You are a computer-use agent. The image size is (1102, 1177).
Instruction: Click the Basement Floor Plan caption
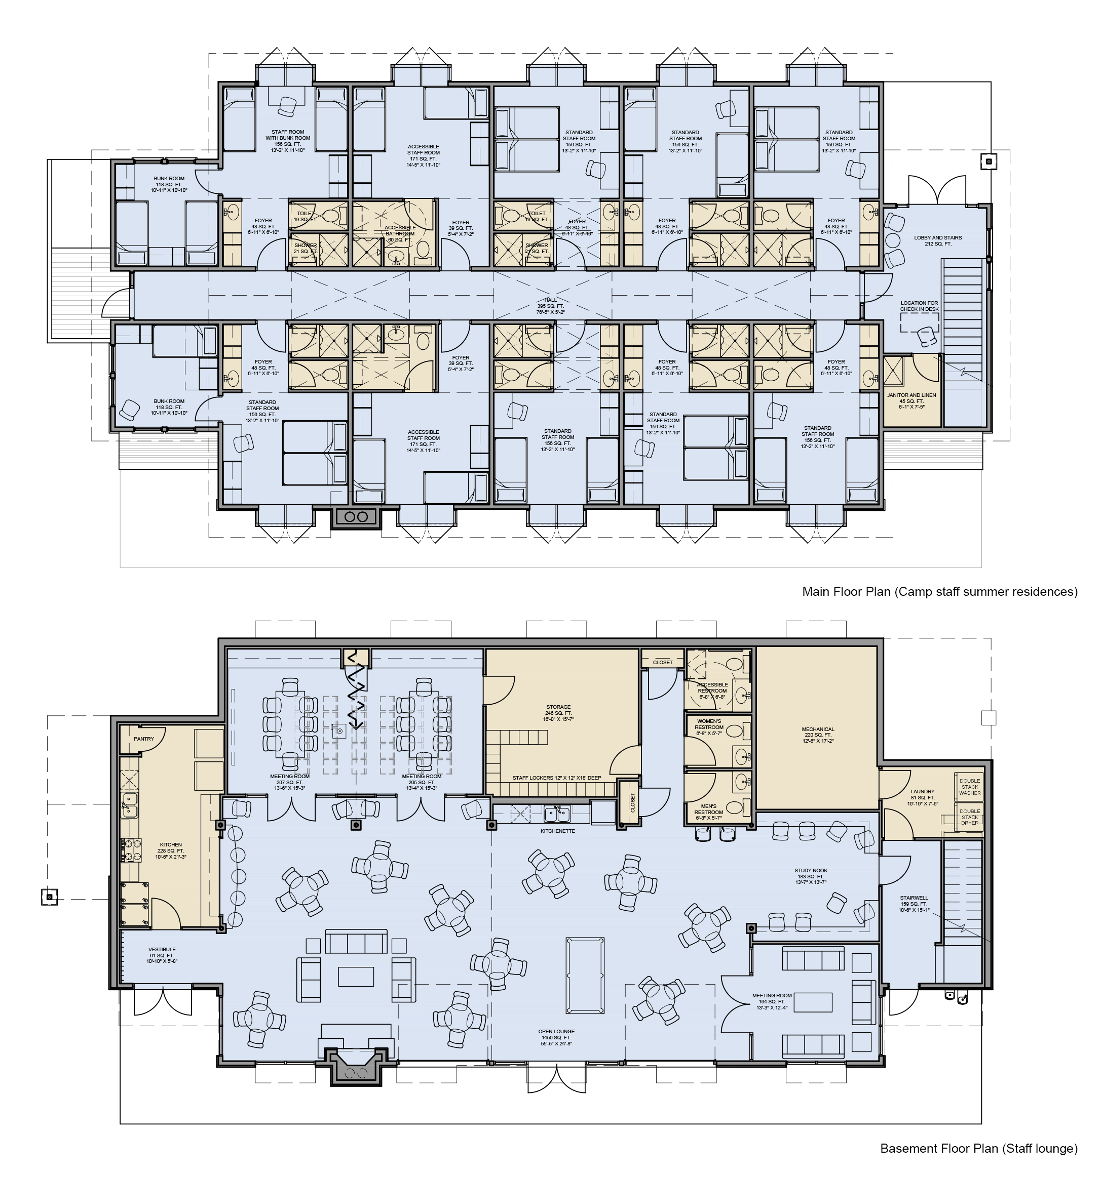point(978,1148)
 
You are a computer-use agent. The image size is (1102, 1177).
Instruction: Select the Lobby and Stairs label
point(938,240)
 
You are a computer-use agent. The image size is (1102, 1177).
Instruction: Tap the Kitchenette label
point(557,831)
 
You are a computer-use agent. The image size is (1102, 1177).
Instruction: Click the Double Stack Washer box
point(970,787)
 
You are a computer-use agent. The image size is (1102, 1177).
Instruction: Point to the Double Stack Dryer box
point(970,817)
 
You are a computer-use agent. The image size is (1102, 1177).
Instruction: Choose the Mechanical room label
point(818,735)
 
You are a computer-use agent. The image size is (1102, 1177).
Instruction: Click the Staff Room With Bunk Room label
point(287,138)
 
